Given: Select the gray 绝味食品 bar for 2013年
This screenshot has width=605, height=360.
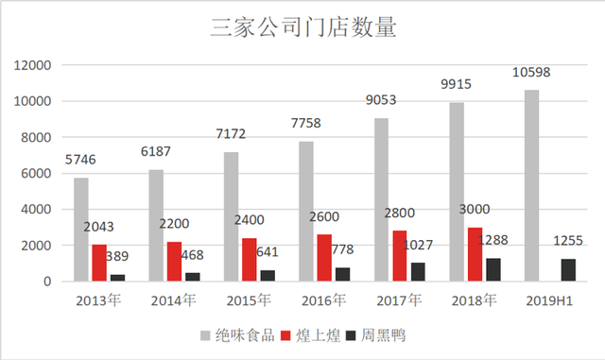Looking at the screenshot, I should (x=81, y=230).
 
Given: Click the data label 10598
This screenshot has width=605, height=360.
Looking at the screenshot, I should (x=532, y=73).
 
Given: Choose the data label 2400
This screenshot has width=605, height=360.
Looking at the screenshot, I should (x=248, y=219).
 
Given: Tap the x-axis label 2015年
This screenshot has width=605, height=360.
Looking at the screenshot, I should (x=249, y=301).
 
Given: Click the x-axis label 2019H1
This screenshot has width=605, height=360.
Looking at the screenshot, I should (x=549, y=301).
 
